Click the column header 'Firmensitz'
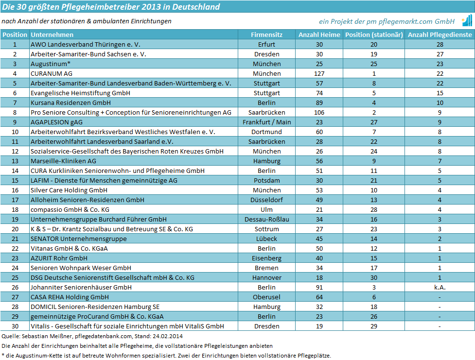[x=266, y=35]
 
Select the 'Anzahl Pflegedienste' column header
[x=440, y=35]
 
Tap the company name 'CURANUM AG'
[x=52, y=73]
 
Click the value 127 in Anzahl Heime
[x=319, y=73]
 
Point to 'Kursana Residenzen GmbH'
[x=70, y=103]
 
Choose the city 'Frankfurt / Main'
[x=266, y=122]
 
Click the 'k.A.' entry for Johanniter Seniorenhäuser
[x=440, y=287]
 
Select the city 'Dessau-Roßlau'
[x=266, y=219]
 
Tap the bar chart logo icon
[x=467, y=21]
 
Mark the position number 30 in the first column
[x=15, y=326]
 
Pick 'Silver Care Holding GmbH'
[x=69, y=190]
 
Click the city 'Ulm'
[x=266, y=209]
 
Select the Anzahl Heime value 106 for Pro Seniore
[x=319, y=113]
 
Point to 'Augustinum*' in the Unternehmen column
[x=50, y=64]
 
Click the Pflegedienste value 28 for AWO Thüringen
[x=440, y=45]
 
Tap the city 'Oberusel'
[x=266, y=297]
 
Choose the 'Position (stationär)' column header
[x=374, y=35]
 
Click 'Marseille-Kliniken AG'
[x=63, y=161]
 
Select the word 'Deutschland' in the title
[x=196, y=7]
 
